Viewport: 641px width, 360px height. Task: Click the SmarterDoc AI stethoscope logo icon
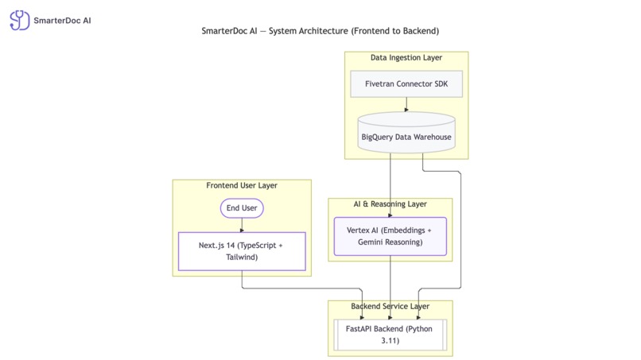20,20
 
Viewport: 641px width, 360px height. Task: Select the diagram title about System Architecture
320,31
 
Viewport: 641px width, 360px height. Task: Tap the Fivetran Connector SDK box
406,84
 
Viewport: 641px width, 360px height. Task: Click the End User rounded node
241,208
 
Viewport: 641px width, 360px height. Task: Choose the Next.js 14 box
241,252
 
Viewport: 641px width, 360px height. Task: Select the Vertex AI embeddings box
390,236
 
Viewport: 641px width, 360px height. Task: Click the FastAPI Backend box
390,335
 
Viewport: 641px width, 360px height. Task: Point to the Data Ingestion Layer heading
406,57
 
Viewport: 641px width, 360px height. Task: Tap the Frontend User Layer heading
241,186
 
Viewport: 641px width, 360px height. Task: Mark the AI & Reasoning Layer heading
390,204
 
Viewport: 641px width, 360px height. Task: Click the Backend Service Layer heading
390,306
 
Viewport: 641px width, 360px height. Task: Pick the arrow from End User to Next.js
241,226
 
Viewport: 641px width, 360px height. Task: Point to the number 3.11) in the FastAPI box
390,341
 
